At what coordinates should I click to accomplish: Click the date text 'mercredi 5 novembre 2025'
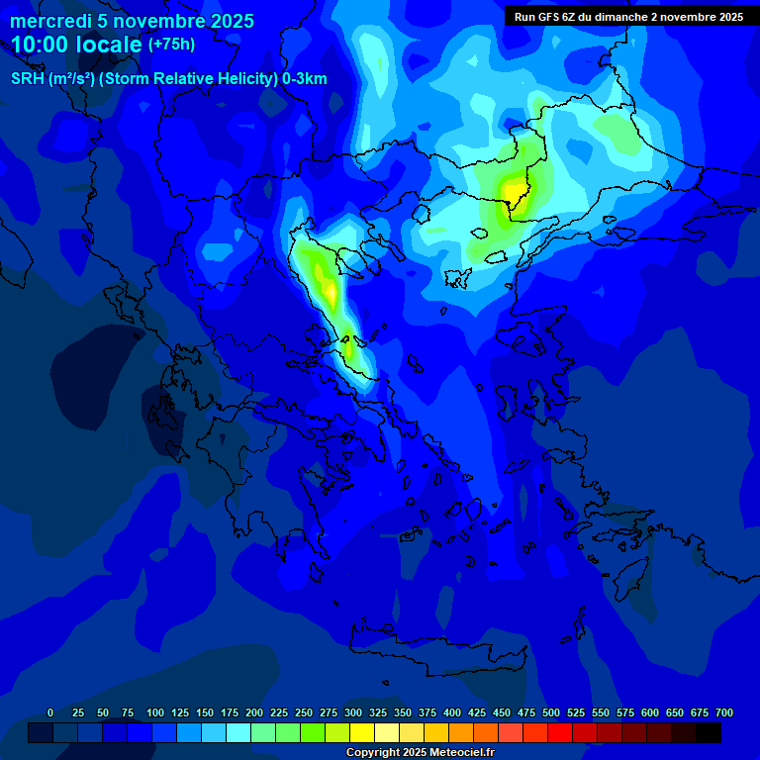coord(132,21)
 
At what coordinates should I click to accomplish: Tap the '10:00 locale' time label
coord(77,45)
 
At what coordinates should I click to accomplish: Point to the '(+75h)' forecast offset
coord(171,45)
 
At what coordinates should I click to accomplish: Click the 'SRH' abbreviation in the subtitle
coord(27,79)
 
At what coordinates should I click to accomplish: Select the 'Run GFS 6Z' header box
coord(628,17)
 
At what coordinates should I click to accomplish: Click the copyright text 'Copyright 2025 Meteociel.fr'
coord(420,753)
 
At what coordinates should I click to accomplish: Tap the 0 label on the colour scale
coord(50,712)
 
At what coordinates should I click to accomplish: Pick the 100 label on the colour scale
coord(155,712)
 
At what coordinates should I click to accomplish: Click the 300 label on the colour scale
coord(353,712)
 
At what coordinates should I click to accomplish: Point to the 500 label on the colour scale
coord(551,712)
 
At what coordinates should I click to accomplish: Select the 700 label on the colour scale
coord(724,712)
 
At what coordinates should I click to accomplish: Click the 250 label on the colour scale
coord(304,712)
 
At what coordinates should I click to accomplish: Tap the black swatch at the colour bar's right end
coord(709,732)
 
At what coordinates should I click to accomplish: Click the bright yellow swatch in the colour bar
coord(362,732)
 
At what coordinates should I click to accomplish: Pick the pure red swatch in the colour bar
coord(560,732)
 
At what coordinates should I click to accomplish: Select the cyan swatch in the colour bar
coord(238,732)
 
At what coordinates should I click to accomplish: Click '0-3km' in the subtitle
coord(305,79)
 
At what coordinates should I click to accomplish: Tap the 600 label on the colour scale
coord(650,712)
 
